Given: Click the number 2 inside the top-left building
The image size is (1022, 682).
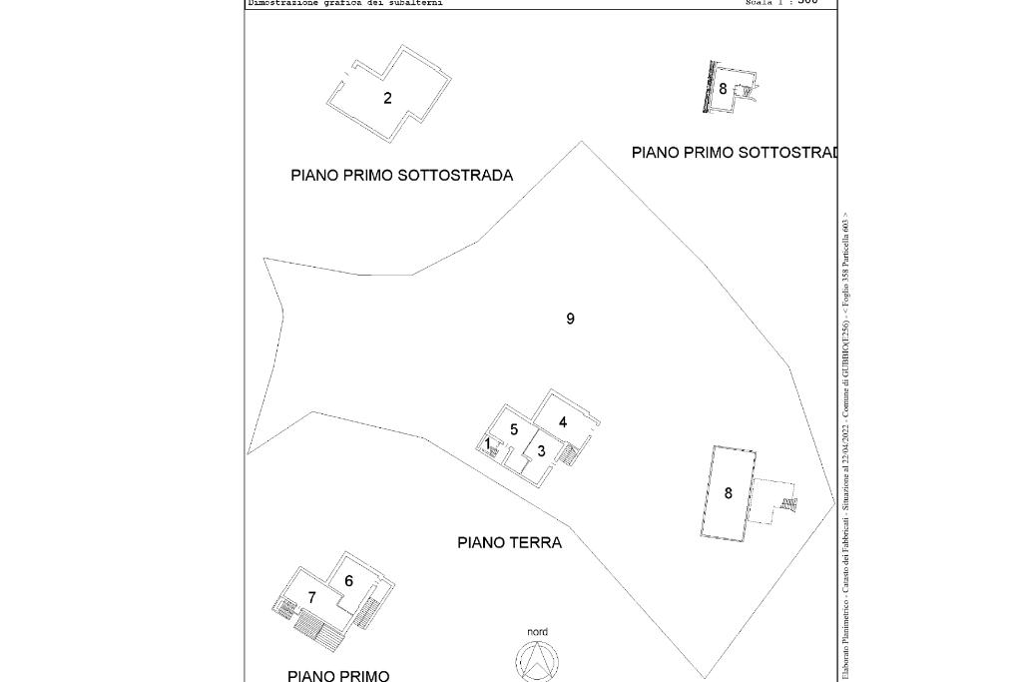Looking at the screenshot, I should pos(387,98).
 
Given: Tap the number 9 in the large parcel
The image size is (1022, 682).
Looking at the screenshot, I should pos(570,319).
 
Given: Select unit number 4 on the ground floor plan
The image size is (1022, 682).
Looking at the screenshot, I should pos(563,422).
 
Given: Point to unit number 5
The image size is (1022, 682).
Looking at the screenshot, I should pos(514,429).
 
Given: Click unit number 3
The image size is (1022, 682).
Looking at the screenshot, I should pos(541,451).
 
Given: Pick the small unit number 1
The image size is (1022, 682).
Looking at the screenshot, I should pos(487,444).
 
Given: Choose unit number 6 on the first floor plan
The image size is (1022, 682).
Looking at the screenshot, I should pos(348,581).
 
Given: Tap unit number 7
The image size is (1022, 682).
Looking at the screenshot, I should pos(311,598).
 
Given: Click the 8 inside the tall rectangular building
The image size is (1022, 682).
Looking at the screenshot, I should pos(728,493).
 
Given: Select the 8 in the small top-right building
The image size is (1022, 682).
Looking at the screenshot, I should pos(723,89).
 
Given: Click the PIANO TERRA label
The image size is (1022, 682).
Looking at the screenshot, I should pos(509,543).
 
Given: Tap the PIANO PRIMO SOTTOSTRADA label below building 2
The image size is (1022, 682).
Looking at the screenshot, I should pos(401,176).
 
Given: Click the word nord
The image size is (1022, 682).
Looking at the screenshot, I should pos(537,632).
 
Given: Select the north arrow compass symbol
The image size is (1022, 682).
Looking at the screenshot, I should pos(537,662).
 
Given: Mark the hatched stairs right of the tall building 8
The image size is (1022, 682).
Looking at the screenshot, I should pos(789,503).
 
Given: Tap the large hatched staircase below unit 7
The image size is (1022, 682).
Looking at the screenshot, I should pos(318,629).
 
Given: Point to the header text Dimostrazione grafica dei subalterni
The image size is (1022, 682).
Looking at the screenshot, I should pos(344,3).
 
